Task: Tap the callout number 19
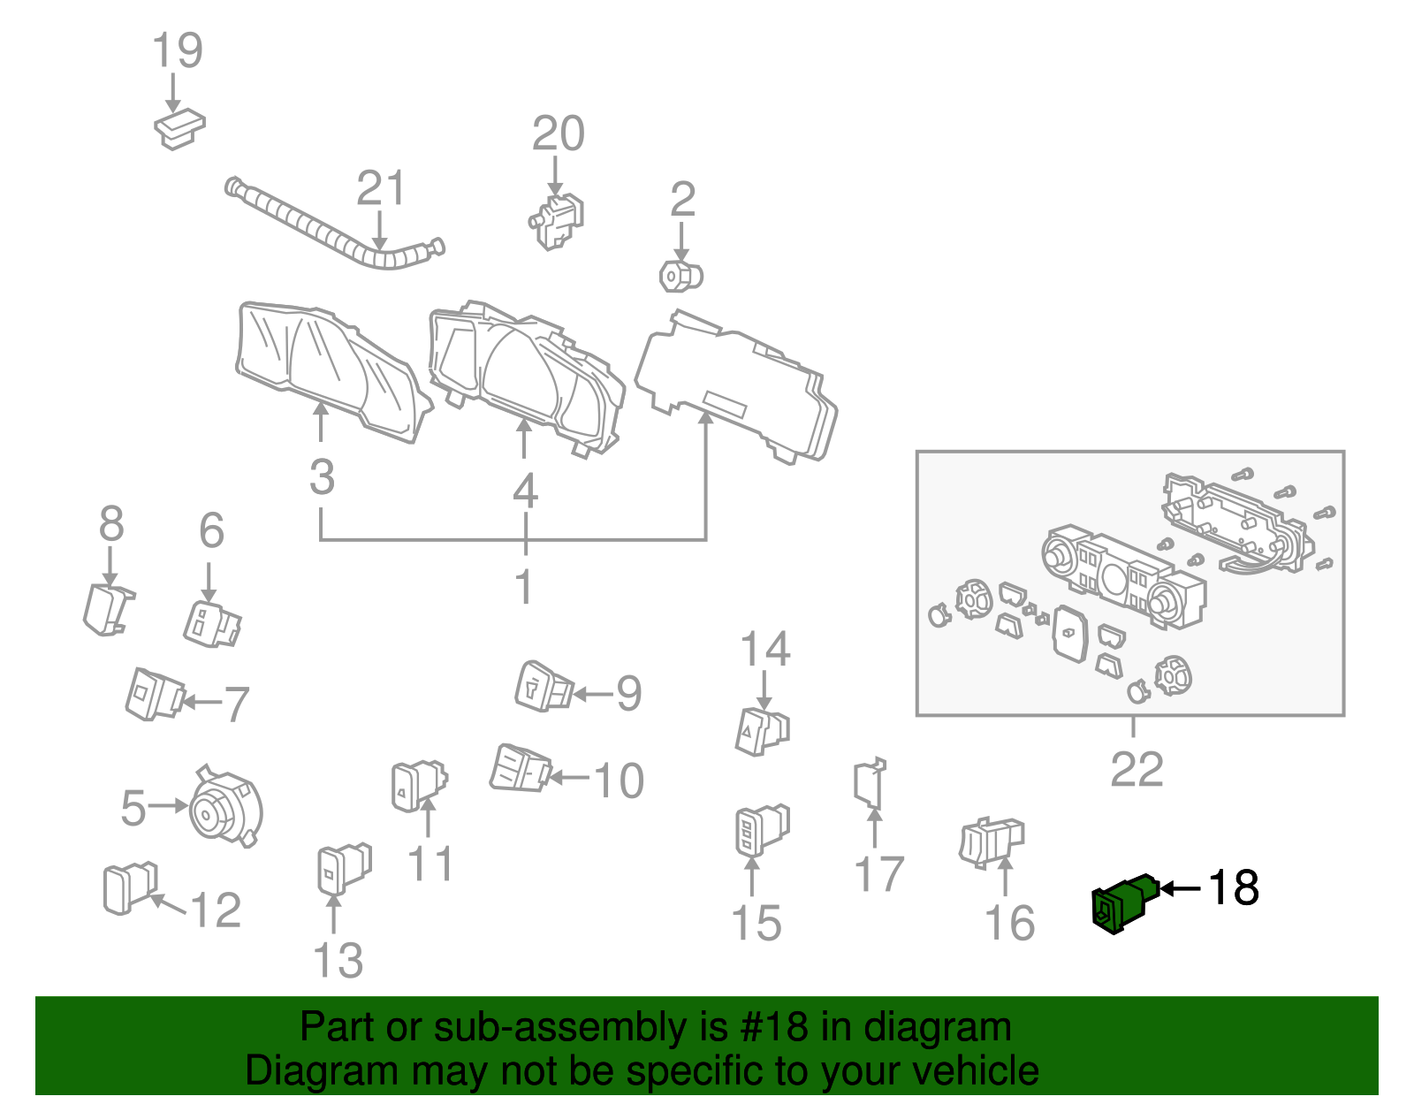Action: coord(178,50)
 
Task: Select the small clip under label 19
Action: coord(179,129)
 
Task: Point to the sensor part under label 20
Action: coord(558,221)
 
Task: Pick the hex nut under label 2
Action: coord(680,277)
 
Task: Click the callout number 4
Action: coord(525,491)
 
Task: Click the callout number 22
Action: coord(1137,769)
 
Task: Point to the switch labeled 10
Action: coord(521,768)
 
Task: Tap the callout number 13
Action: coord(338,960)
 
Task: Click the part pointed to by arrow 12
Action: coord(129,887)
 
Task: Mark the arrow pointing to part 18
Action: coord(1180,888)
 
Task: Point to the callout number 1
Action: coord(524,586)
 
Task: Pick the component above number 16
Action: coord(991,842)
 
